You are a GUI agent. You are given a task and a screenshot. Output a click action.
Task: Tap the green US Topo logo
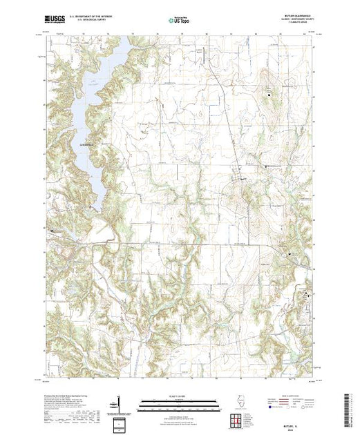coord(180,20)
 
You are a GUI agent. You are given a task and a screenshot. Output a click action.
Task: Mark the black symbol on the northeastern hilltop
coord(269,89)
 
